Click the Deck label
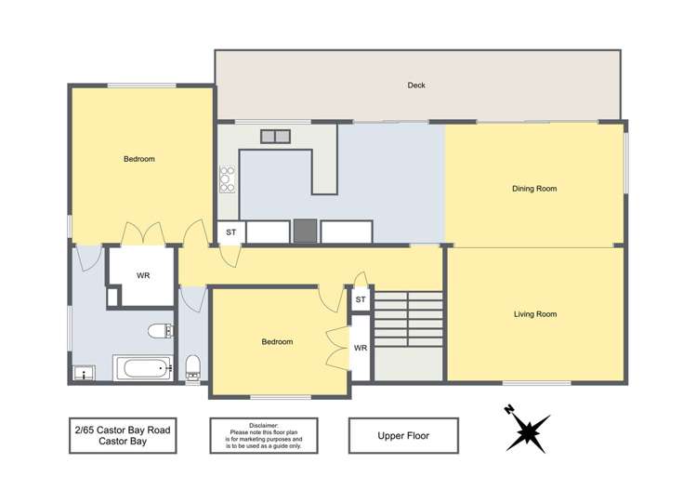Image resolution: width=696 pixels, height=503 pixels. pyautogui.click(x=416, y=86)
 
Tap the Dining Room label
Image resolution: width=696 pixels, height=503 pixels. pyautogui.click(x=534, y=189)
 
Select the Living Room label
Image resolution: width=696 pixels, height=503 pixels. pyautogui.click(x=535, y=314)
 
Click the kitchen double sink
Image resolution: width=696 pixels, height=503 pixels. pyautogui.click(x=275, y=137)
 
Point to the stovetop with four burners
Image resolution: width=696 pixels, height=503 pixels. pyautogui.click(x=227, y=179)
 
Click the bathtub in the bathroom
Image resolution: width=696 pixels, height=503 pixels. pyautogui.click(x=144, y=368)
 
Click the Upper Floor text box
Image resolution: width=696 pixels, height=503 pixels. pyautogui.click(x=402, y=434)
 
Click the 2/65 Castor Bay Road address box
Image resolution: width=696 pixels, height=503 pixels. pyautogui.click(x=123, y=434)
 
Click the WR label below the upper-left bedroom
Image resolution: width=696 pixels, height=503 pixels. pyautogui.click(x=143, y=275)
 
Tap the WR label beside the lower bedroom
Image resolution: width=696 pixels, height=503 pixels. pyautogui.click(x=361, y=349)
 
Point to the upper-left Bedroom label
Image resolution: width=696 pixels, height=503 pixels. pyautogui.click(x=139, y=159)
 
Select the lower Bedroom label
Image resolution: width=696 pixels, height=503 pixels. pyautogui.click(x=277, y=342)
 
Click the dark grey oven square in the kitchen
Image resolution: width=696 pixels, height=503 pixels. pyautogui.click(x=306, y=230)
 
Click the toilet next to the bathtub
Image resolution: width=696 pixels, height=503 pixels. pyautogui.click(x=193, y=366)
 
